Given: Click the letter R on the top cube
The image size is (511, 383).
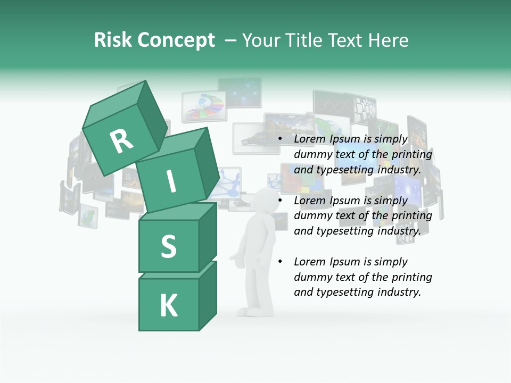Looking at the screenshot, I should [x=121, y=141].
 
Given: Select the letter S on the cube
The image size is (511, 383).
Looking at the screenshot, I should [x=168, y=246].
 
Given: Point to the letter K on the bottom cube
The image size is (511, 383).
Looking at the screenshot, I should [x=168, y=306].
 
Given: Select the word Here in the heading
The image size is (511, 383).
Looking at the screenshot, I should [x=388, y=40].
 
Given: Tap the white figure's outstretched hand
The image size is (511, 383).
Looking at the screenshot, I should [x=234, y=259].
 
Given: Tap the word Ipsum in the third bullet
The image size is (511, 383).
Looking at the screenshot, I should [x=345, y=262].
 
